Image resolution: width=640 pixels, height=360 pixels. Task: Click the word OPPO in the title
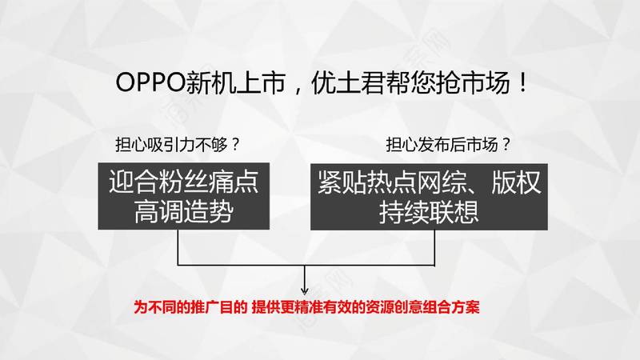(150, 83)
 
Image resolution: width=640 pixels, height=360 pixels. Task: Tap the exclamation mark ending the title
(523, 83)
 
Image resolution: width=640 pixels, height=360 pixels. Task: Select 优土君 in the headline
(348, 83)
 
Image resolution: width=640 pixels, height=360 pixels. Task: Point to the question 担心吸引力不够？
(178, 145)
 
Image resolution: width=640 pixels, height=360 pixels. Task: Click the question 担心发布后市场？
(449, 145)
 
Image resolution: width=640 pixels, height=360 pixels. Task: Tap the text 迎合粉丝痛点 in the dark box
(184, 182)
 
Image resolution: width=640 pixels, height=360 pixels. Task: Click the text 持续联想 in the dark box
(429, 212)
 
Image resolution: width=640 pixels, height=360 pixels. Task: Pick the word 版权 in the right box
(516, 182)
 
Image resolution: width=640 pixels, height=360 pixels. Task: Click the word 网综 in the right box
(442, 182)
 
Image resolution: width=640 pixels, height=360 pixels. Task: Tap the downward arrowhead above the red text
(305, 290)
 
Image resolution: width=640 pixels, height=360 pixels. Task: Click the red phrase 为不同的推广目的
(190, 307)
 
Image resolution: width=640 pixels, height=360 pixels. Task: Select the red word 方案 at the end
(466, 307)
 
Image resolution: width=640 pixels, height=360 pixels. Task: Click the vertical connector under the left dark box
(178, 247)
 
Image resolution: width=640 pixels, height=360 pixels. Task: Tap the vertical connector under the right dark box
(434, 248)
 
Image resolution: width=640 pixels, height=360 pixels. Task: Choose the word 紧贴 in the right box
(342, 182)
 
